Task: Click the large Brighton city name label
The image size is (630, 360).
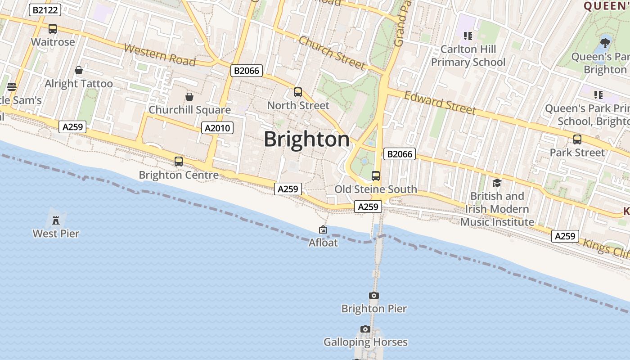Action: tap(306, 139)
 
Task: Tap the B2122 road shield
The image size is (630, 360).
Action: tap(45, 10)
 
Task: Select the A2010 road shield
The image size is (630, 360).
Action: tap(217, 128)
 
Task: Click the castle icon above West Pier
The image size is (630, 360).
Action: tap(56, 220)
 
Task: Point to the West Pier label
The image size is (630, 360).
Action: tap(56, 234)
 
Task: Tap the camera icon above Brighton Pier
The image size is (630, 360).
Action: tap(373, 296)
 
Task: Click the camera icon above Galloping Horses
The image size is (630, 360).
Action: tap(365, 329)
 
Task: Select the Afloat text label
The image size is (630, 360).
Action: tap(323, 243)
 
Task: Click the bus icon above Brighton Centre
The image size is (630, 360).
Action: tap(179, 161)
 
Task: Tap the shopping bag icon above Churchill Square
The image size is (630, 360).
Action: tap(189, 97)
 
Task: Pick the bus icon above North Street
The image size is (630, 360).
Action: tap(298, 92)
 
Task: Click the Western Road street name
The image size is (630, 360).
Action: tap(160, 55)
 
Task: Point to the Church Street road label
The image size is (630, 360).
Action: tap(332, 53)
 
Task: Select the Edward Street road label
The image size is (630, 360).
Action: tap(440, 103)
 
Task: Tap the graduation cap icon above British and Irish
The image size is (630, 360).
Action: tap(497, 183)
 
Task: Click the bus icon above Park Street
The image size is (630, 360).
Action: tap(577, 139)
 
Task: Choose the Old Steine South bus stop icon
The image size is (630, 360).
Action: tap(375, 176)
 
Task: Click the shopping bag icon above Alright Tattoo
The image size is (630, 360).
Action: tap(79, 70)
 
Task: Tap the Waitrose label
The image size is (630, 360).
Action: tap(53, 42)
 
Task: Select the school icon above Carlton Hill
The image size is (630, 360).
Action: tap(468, 36)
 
